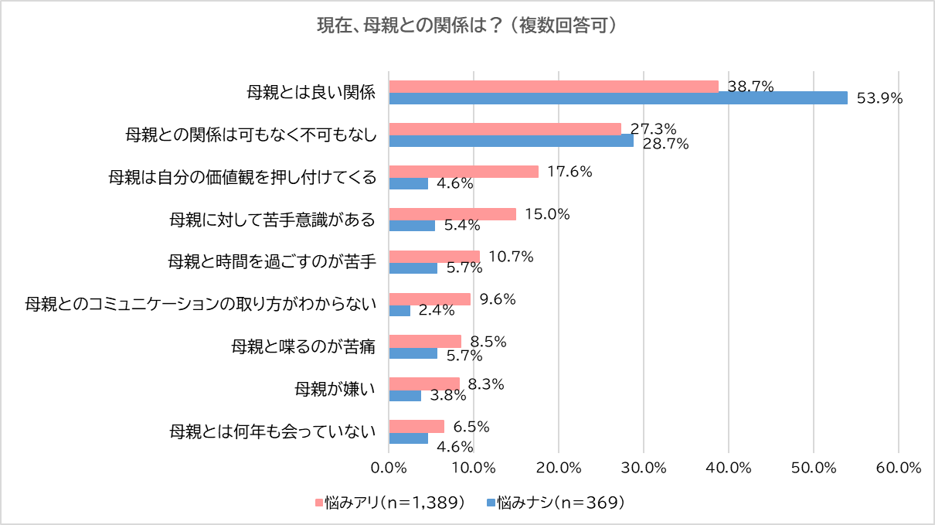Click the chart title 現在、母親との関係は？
click(x=467, y=26)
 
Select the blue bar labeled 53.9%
click(x=618, y=98)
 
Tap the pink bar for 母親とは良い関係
click(x=553, y=86)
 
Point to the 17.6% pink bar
click(x=464, y=172)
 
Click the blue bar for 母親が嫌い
click(x=405, y=396)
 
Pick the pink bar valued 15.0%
click(x=452, y=214)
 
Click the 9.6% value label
click(x=497, y=299)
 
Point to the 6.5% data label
click(x=471, y=427)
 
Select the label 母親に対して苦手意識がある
click(x=273, y=220)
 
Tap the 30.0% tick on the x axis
click(x=644, y=468)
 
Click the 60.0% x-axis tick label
click(x=899, y=468)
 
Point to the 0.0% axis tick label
click(x=389, y=468)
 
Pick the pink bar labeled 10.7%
click(x=434, y=257)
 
